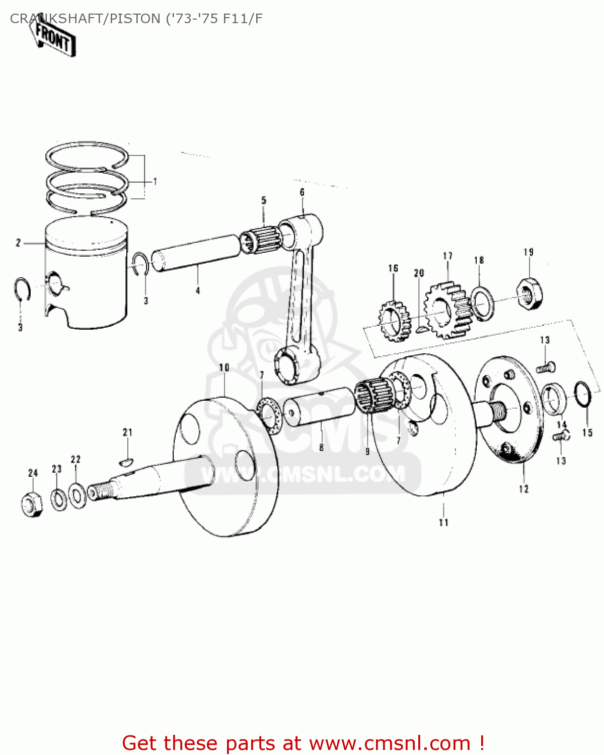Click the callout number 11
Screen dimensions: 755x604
[x=443, y=522]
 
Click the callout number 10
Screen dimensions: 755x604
[x=224, y=367]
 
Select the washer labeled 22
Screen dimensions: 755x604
[x=77, y=495]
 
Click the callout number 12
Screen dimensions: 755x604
[x=524, y=489]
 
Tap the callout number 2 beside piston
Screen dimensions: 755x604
[x=18, y=243]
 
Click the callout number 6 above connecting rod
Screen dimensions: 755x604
[x=302, y=192]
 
